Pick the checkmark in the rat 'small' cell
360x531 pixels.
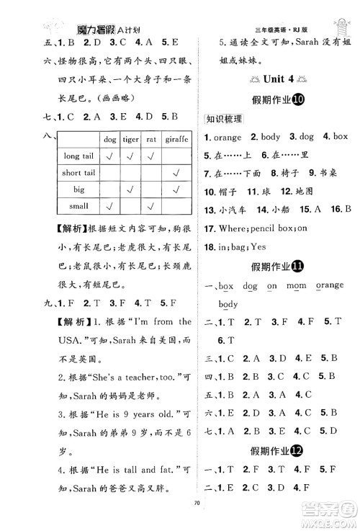coord(152,207)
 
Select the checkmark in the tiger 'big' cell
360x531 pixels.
coord(131,190)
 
